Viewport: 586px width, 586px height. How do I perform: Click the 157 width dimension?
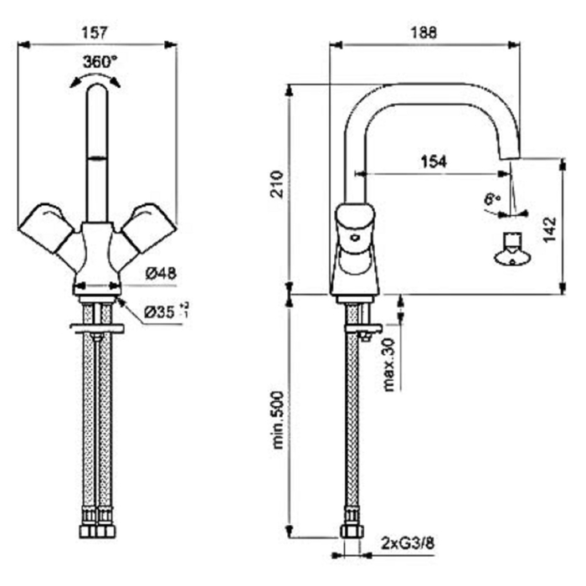[97, 33]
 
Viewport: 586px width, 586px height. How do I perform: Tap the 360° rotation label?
[100, 61]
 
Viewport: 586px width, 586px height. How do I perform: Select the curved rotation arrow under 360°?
[95, 79]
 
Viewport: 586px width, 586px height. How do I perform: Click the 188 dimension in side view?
[425, 33]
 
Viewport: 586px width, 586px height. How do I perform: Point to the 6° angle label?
[491, 199]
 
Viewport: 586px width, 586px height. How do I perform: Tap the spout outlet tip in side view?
[509, 157]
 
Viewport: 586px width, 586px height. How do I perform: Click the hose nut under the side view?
[351, 531]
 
